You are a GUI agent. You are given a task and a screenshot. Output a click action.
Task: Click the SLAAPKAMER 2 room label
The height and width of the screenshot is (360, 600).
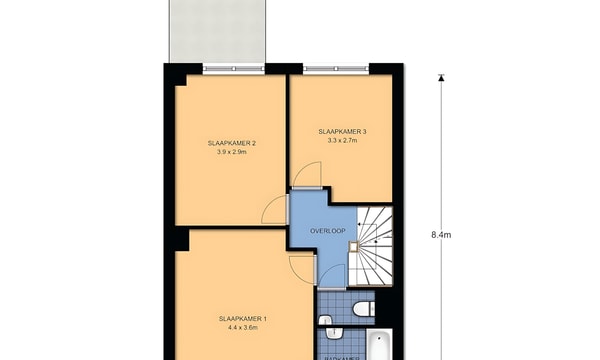[231, 143]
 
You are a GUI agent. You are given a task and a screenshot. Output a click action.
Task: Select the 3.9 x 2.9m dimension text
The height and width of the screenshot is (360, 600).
[231, 153]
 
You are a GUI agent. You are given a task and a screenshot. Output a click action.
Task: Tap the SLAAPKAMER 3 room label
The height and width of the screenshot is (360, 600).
[342, 132]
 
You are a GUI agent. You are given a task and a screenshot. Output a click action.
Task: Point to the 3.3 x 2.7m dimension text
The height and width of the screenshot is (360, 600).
[342, 142]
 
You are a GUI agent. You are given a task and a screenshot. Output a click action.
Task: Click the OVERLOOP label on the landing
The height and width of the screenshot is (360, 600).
[327, 231]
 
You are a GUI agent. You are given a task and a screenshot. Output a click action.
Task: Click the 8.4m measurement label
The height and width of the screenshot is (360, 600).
[441, 235]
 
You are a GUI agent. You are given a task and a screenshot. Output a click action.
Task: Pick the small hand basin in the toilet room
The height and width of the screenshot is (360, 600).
[324, 319]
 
